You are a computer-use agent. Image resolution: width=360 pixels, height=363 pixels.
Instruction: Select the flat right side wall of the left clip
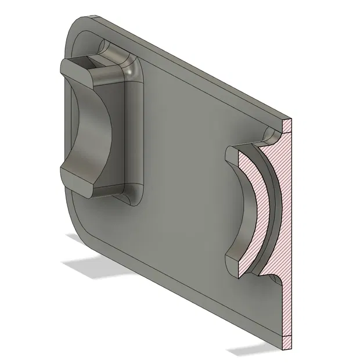(x=134, y=134)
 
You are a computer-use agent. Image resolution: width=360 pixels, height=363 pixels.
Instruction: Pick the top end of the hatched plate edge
(x=288, y=122)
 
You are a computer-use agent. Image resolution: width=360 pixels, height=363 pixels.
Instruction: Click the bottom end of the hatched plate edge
(x=287, y=348)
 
